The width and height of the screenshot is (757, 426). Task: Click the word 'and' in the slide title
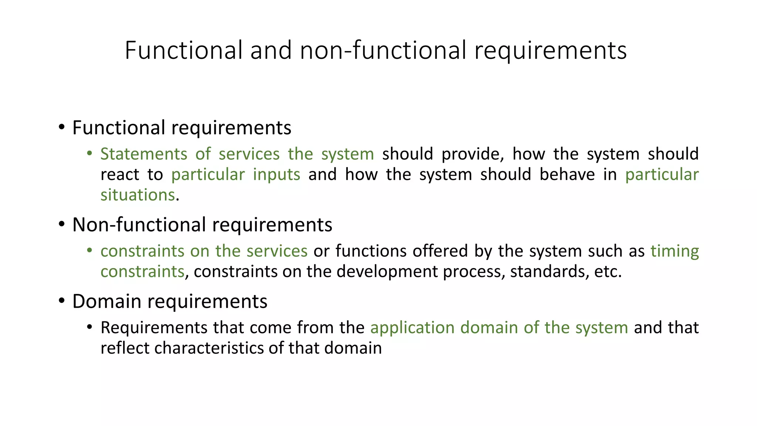click(x=271, y=50)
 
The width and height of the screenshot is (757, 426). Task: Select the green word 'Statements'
click(x=144, y=154)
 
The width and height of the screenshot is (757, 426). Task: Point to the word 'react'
click(x=120, y=175)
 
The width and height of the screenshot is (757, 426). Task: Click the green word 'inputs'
click(x=276, y=175)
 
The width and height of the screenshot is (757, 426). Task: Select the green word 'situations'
click(x=138, y=195)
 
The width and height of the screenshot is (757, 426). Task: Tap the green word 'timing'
click(x=675, y=251)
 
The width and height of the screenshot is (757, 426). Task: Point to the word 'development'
click(x=387, y=272)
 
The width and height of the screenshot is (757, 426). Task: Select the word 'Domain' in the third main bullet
click(x=106, y=301)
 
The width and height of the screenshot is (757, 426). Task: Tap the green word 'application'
click(x=412, y=328)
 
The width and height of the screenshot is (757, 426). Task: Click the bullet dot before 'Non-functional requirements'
click(x=62, y=224)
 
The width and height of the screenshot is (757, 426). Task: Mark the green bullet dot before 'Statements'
click(x=89, y=153)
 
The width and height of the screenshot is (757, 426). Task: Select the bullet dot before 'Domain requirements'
click(x=62, y=301)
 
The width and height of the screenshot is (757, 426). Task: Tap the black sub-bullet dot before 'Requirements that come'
click(x=89, y=327)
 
